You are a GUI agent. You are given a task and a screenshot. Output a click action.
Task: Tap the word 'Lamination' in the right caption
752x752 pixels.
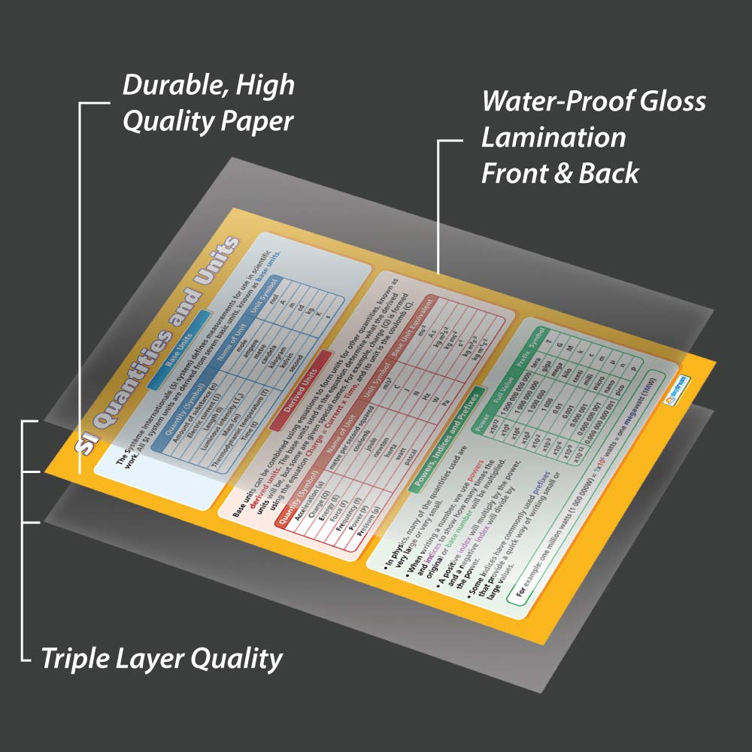click(x=553, y=137)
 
